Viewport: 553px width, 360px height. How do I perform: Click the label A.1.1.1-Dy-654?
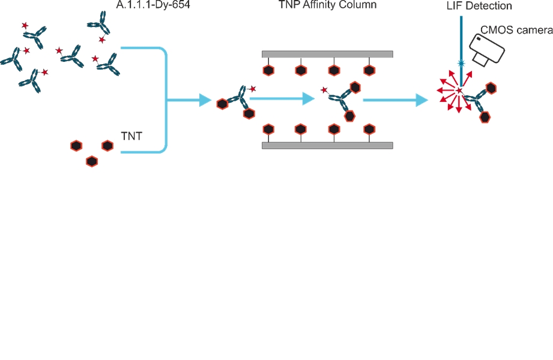153,7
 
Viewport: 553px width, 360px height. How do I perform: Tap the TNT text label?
131,136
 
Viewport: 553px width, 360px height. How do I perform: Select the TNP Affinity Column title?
328,7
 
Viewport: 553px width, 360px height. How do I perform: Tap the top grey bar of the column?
328,54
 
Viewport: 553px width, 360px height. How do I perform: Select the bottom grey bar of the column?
328,145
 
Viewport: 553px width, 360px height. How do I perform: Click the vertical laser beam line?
461,36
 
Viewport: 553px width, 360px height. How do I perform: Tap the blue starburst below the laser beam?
461,62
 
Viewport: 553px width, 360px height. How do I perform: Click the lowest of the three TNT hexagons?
92,161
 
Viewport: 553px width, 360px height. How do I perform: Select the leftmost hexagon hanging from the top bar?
269,71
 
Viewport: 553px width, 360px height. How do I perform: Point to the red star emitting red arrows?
459,91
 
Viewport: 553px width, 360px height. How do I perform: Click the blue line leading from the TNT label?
144,152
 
